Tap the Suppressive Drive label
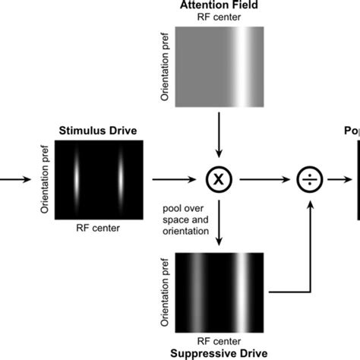219,354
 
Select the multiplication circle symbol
219,181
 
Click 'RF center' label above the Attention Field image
219,17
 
